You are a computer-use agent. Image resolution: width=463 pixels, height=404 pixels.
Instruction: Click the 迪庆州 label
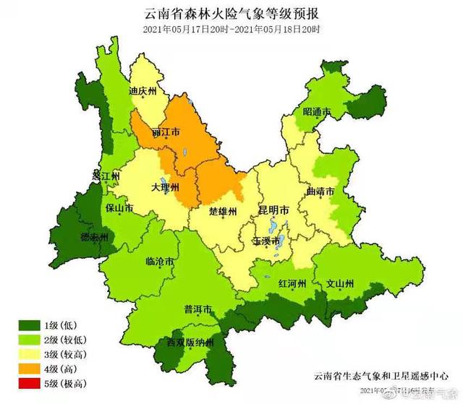[x=143, y=92]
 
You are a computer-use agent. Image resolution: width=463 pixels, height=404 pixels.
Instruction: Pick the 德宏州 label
[x=94, y=236]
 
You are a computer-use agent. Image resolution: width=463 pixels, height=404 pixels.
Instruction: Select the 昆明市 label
[x=273, y=210]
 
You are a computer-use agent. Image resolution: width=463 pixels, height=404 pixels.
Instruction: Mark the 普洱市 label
[x=198, y=310]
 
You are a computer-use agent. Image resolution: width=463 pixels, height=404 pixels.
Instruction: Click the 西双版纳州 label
[x=190, y=343]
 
